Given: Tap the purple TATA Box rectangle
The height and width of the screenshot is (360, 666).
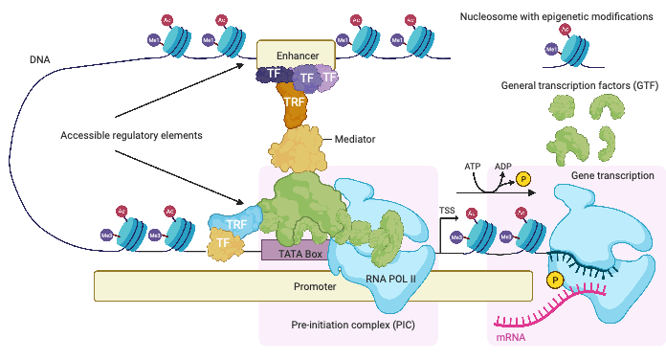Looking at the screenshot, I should [x=294, y=250].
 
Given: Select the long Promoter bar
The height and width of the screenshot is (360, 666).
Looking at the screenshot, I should [x=313, y=285].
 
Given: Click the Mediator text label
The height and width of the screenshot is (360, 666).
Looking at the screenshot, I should [x=354, y=139].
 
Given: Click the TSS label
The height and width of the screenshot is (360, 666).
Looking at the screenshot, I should [x=446, y=208].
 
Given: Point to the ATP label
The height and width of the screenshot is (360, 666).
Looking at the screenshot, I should [x=473, y=166].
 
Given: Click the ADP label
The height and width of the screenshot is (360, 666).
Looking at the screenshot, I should [x=502, y=166].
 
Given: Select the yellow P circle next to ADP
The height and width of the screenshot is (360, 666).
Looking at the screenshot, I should [x=523, y=178].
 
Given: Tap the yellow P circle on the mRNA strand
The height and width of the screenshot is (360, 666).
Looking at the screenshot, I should [x=555, y=281].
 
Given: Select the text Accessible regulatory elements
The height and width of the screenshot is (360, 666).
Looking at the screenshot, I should [x=130, y=135].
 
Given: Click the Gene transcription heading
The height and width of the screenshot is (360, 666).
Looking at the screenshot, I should [x=612, y=176].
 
